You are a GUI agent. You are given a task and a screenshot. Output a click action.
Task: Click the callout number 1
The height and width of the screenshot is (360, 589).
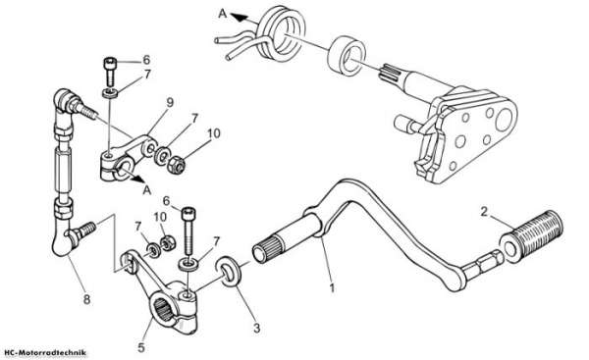coord(332,288)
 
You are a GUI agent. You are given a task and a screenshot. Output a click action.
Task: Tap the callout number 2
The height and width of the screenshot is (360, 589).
coord(484,211)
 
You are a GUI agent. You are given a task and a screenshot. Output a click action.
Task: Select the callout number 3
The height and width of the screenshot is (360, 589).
coord(256,328)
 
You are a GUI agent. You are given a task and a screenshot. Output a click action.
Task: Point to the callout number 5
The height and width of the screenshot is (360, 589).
coord(140,347)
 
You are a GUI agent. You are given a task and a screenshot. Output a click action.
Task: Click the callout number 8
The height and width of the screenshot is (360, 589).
coord(86,299)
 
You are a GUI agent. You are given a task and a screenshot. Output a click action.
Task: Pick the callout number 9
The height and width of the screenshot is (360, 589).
coord(170,102)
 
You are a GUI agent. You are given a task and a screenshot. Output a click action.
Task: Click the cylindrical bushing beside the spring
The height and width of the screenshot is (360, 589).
coord(347,56)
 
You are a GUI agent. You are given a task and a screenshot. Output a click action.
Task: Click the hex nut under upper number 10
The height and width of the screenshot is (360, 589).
coord(176,165)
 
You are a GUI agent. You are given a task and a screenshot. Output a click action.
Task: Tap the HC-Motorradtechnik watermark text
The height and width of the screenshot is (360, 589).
coord(46,353)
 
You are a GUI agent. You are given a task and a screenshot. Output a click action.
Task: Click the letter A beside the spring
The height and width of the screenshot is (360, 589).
coord(223,14)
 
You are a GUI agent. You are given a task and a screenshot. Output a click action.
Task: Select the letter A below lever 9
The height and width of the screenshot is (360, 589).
coord(147,190)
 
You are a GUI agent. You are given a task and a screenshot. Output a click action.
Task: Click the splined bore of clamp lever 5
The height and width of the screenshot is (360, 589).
coord(164,311)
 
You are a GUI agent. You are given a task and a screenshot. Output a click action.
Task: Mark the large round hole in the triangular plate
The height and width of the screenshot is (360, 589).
coord(505,120)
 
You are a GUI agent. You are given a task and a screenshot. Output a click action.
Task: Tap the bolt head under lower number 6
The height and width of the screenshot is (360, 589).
coord(188,214)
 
